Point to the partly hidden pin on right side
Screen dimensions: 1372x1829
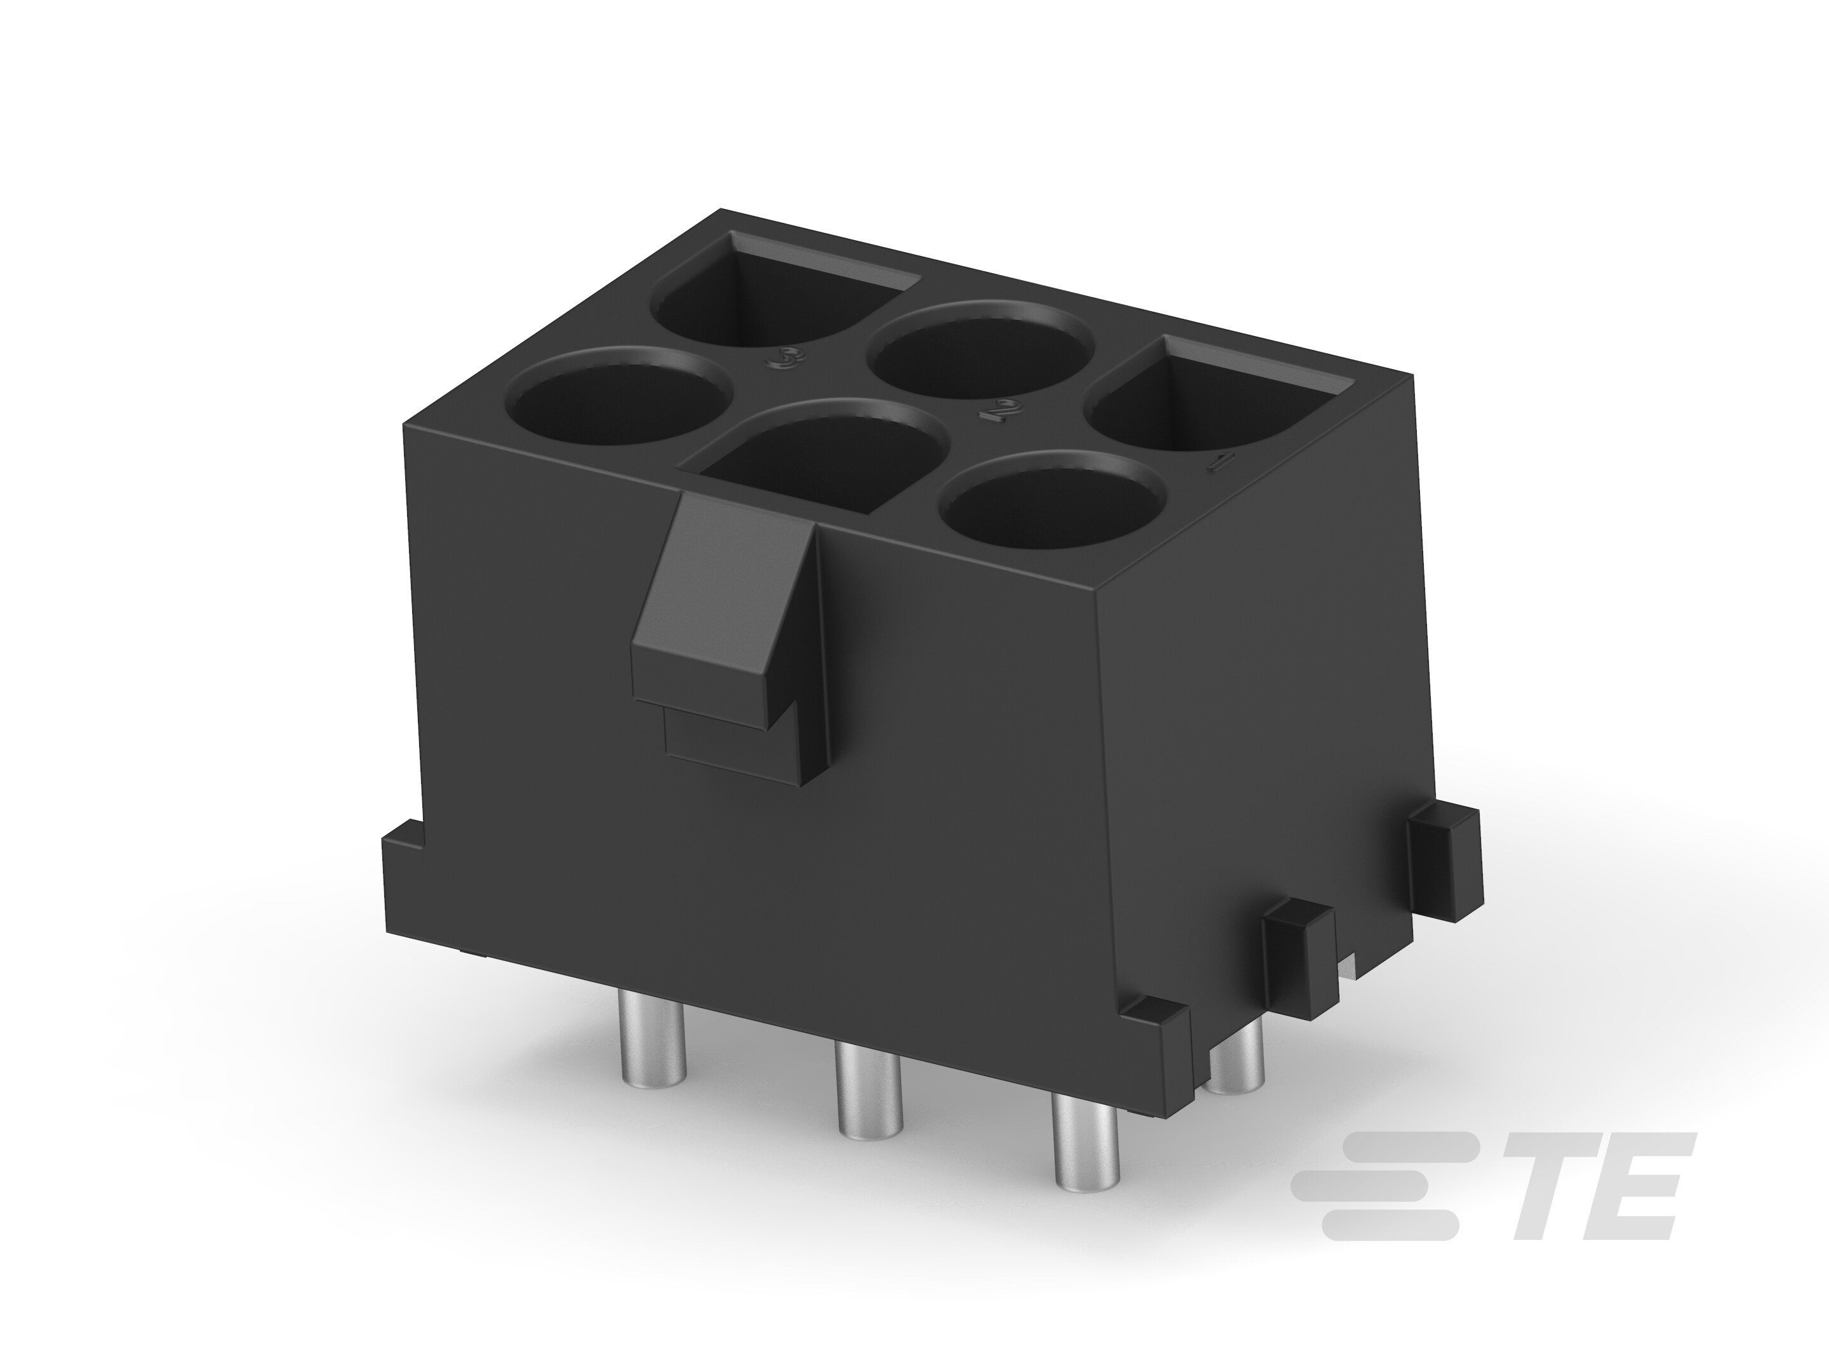(1236, 1075)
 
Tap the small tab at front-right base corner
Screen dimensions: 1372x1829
(1156, 1016)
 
